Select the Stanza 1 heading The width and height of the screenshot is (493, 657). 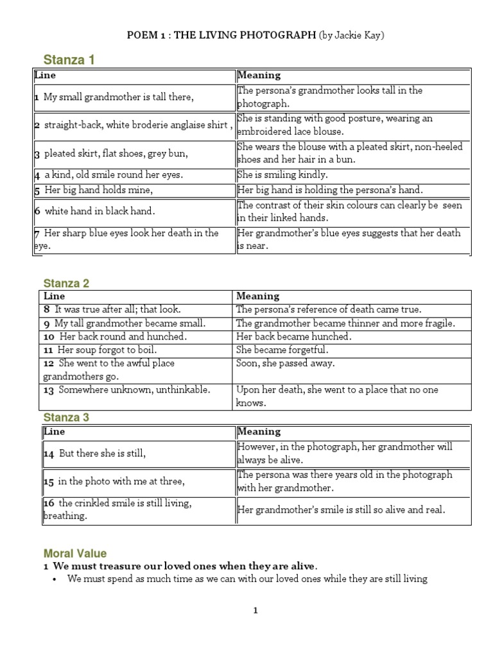(69, 60)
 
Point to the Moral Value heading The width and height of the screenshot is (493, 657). (75, 553)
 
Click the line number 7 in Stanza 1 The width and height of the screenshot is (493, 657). (37, 234)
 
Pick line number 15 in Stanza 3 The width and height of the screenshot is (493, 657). (49, 481)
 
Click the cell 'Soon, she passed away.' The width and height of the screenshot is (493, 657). (286, 363)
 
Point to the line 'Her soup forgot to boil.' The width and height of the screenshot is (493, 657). (107, 350)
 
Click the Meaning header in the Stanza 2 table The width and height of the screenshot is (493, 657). (258, 296)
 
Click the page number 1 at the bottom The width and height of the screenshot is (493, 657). (255, 611)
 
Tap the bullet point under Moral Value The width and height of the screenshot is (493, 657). (53, 579)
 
